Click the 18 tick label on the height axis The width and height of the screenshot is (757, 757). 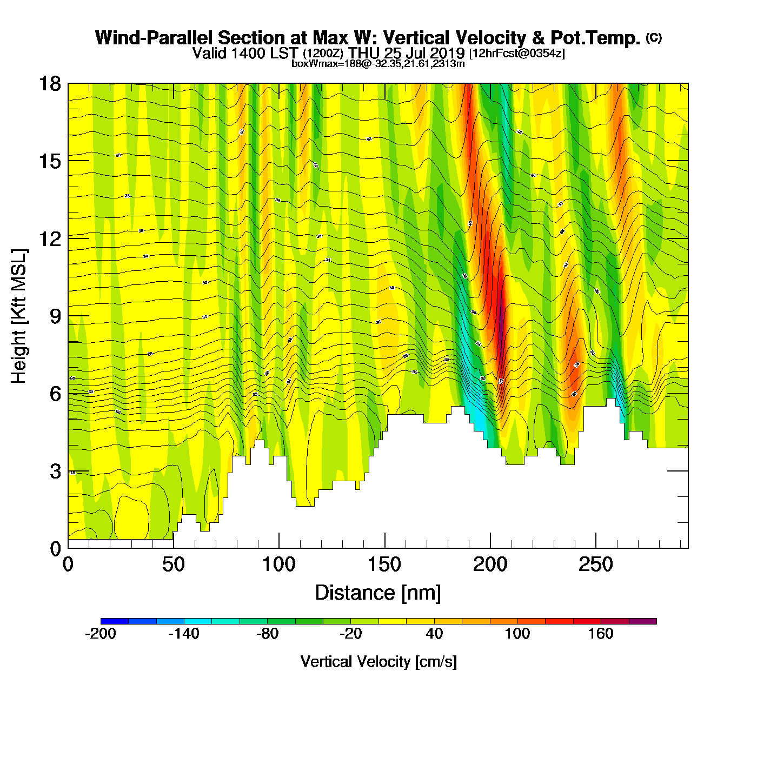coord(49,84)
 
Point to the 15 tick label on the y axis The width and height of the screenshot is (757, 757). coord(49,161)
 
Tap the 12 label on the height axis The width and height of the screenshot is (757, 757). coord(49,238)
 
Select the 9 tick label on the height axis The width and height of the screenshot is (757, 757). coord(55,316)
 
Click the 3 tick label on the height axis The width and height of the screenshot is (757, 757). coord(55,472)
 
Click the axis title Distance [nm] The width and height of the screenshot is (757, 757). coord(378,593)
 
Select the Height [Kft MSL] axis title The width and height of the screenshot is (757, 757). coord(19,316)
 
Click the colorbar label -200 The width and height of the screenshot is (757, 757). coord(101,634)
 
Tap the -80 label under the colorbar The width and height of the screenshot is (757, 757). coord(267,634)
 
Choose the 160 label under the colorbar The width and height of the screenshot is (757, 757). coord(601,634)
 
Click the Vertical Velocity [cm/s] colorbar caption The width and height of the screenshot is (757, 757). coord(378,662)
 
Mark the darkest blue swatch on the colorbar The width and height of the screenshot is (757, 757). coord(115,621)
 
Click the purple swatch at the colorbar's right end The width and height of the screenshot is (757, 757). coord(643,621)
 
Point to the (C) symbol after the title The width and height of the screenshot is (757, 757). coord(654,37)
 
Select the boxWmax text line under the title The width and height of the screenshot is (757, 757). coord(378,63)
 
